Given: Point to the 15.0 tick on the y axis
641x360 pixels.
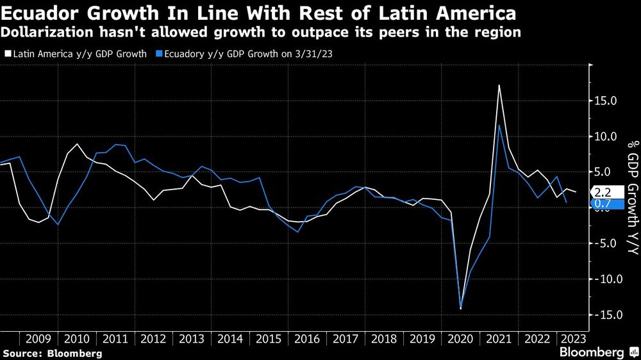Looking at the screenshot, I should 605,101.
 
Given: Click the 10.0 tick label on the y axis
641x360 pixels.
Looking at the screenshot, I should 605,136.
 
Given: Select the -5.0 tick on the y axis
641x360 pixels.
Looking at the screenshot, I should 605,243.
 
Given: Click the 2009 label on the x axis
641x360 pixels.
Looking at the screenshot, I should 39,339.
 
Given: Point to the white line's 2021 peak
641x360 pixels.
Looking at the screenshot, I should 499,85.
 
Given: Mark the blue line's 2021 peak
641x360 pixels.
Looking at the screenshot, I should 499,125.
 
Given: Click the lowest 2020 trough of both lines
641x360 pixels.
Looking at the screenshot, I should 460,309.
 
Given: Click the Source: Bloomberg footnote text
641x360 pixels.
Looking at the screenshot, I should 52,353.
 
